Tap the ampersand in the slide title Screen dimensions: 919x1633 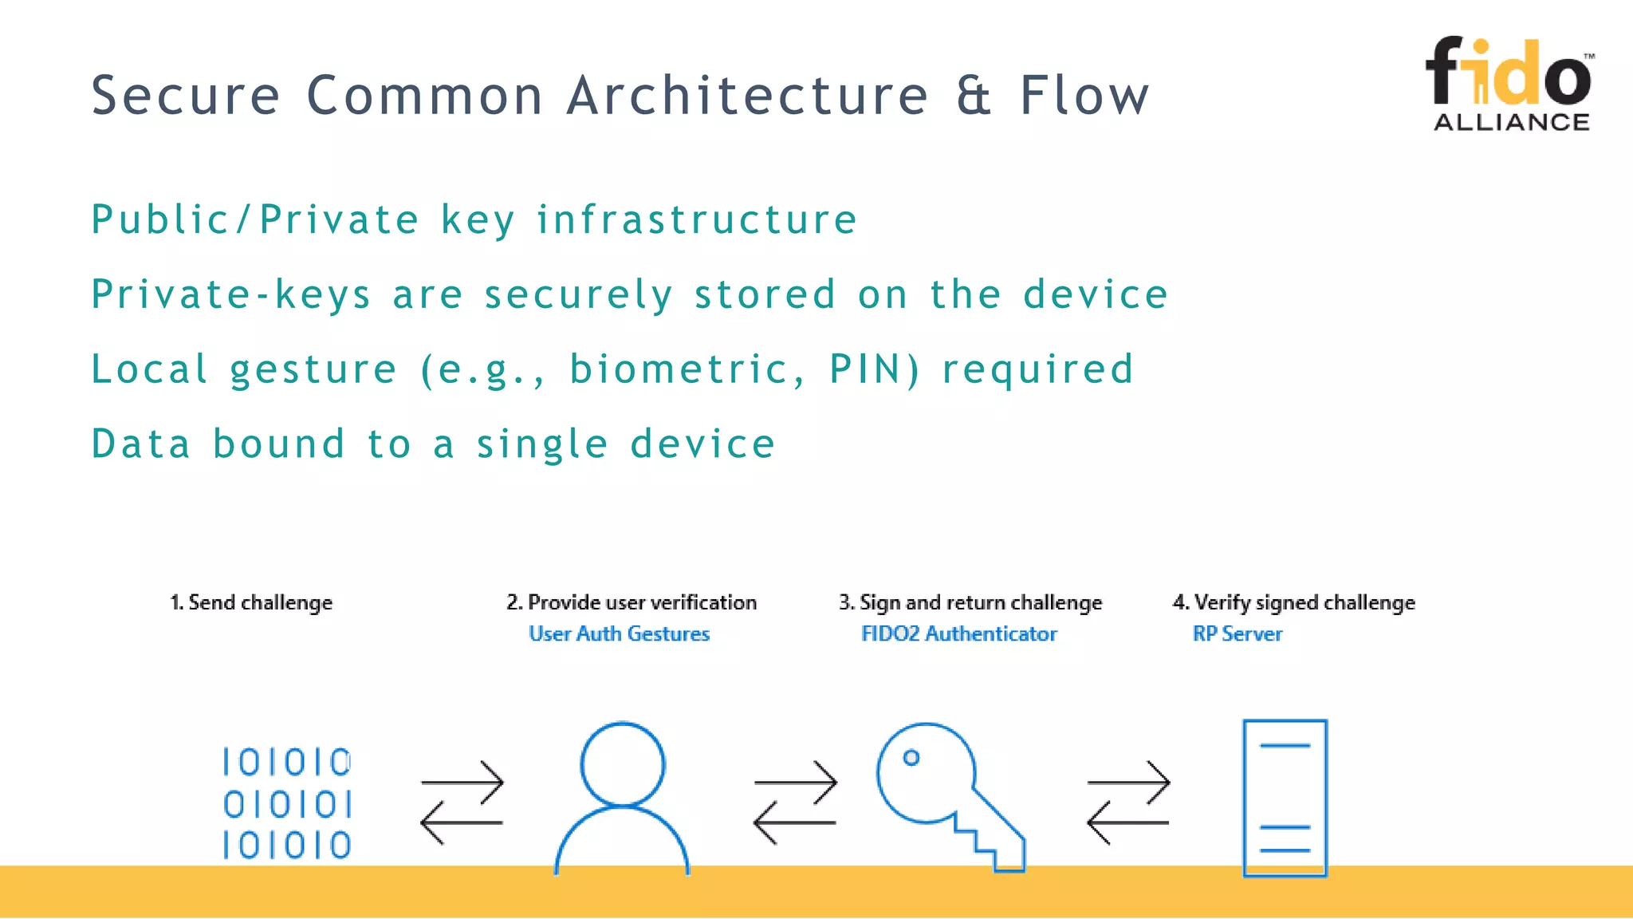974,96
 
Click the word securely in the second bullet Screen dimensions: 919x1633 579,295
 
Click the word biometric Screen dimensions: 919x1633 679,369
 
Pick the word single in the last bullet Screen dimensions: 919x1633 542,444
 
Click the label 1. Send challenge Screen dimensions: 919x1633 251,602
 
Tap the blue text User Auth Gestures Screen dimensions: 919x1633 619,633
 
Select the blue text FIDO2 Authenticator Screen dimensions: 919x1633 958,633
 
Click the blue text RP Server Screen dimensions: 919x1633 1237,633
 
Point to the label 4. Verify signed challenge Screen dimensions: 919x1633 1293,602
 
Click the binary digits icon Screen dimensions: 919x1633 287,803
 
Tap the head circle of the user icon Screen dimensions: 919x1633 622,764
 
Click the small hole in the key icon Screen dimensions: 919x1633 911,758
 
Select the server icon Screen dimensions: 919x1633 1285,798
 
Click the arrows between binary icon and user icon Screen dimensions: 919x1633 462,802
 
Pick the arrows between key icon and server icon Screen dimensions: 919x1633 1128,802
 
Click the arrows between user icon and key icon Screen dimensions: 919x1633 795,802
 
